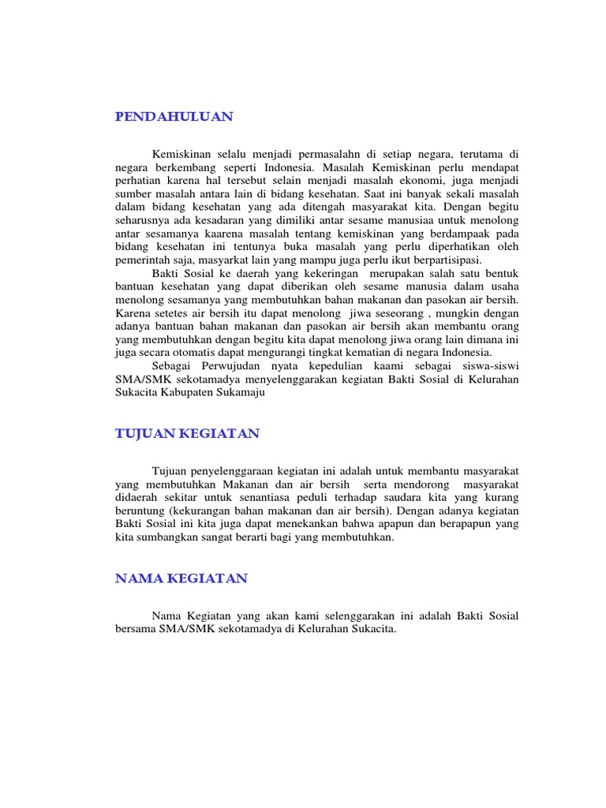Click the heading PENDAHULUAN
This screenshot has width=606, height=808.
(174, 117)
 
